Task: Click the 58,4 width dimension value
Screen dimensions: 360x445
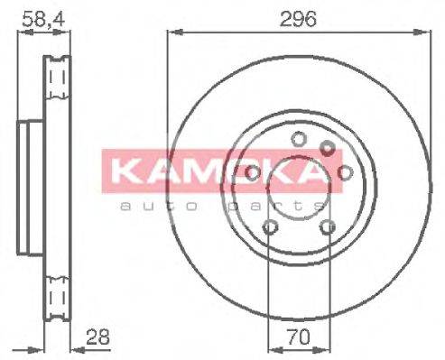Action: pos(33,17)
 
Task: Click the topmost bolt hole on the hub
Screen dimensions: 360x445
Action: pos(298,138)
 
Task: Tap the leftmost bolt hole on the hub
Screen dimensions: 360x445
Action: pos(253,171)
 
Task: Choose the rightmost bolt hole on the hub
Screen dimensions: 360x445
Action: pos(342,171)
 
